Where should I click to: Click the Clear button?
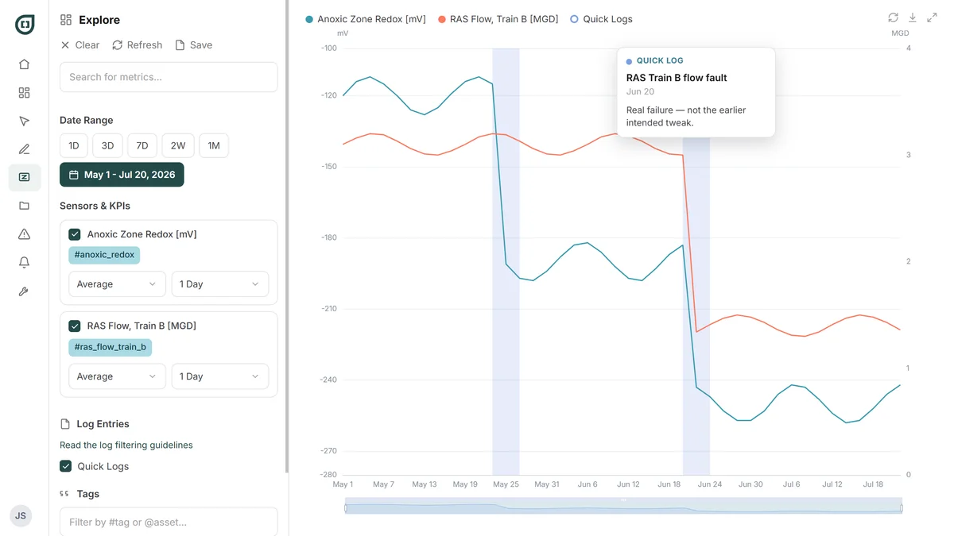[80, 45]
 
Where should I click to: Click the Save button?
[194, 45]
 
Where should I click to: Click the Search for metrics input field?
[169, 77]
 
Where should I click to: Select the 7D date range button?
[142, 145]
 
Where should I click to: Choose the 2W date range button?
[178, 145]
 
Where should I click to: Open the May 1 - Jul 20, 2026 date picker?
[122, 175]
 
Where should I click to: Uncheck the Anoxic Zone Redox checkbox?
[75, 234]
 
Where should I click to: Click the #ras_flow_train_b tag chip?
[110, 347]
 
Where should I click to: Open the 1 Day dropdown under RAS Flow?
[219, 376]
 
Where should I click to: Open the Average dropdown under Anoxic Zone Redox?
[117, 284]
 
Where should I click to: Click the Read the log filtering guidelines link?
[126, 445]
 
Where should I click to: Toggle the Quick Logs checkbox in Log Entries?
[65, 466]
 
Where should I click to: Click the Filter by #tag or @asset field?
[169, 522]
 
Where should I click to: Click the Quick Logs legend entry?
[601, 19]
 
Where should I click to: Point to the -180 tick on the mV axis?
[329, 237]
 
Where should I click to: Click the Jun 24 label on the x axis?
[709, 484]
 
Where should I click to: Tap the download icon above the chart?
[913, 17]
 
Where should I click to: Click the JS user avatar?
[21, 515]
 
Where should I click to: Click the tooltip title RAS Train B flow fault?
[677, 78]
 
